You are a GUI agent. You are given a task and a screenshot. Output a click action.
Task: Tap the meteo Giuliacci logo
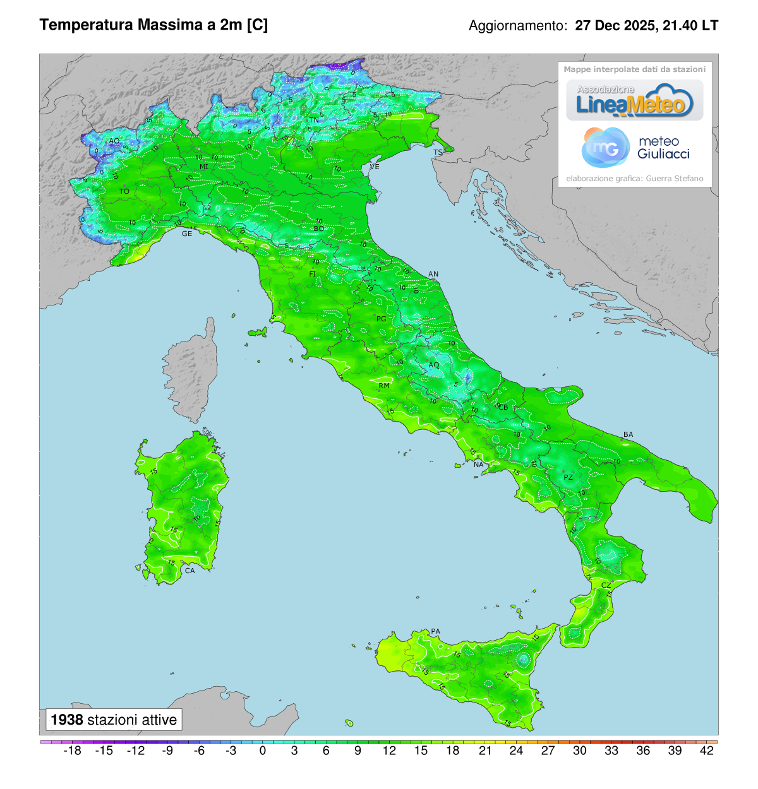click(635, 147)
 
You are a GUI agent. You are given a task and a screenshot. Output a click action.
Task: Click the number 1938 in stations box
click(67, 720)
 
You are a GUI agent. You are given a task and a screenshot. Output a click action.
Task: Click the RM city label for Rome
click(384, 386)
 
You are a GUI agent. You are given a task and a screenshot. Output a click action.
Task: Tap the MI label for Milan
click(204, 167)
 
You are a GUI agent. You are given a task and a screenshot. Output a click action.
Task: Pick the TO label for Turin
click(124, 191)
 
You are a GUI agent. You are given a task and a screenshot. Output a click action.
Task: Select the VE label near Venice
click(375, 167)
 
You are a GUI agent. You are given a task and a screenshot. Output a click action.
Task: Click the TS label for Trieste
click(438, 153)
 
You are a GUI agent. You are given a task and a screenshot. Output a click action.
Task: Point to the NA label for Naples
click(479, 465)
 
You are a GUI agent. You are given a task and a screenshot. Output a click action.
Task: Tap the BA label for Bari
click(628, 434)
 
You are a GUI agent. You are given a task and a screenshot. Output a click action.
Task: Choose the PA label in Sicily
click(435, 631)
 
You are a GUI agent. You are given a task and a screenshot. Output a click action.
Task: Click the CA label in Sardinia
click(189, 571)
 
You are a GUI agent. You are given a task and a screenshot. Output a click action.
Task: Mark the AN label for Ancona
click(433, 274)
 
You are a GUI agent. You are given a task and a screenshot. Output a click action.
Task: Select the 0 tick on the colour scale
click(263, 750)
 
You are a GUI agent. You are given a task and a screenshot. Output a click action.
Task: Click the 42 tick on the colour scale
click(707, 750)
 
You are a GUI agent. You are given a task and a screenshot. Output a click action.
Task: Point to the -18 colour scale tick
click(73, 750)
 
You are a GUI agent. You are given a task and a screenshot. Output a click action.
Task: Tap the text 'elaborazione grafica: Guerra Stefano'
click(634, 179)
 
